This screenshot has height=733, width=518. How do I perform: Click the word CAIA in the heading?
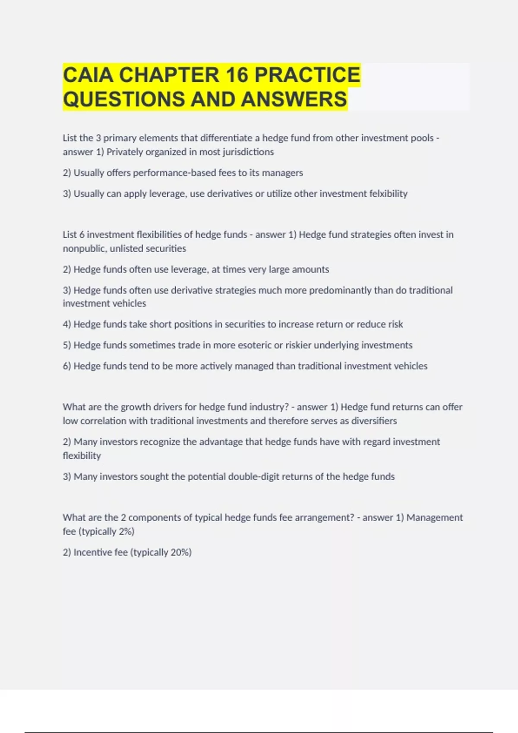pyautogui.click(x=88, y=75)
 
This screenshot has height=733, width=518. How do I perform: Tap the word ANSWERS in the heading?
pyautogui.click(x=294, y=99)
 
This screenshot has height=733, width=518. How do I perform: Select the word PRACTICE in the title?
pyautogui.click(x=307, y=75)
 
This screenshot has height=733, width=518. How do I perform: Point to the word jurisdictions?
pyautogui.click(x=247, y=152)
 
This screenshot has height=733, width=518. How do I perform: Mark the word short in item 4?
pyautogui.click(x=159, y=324)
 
